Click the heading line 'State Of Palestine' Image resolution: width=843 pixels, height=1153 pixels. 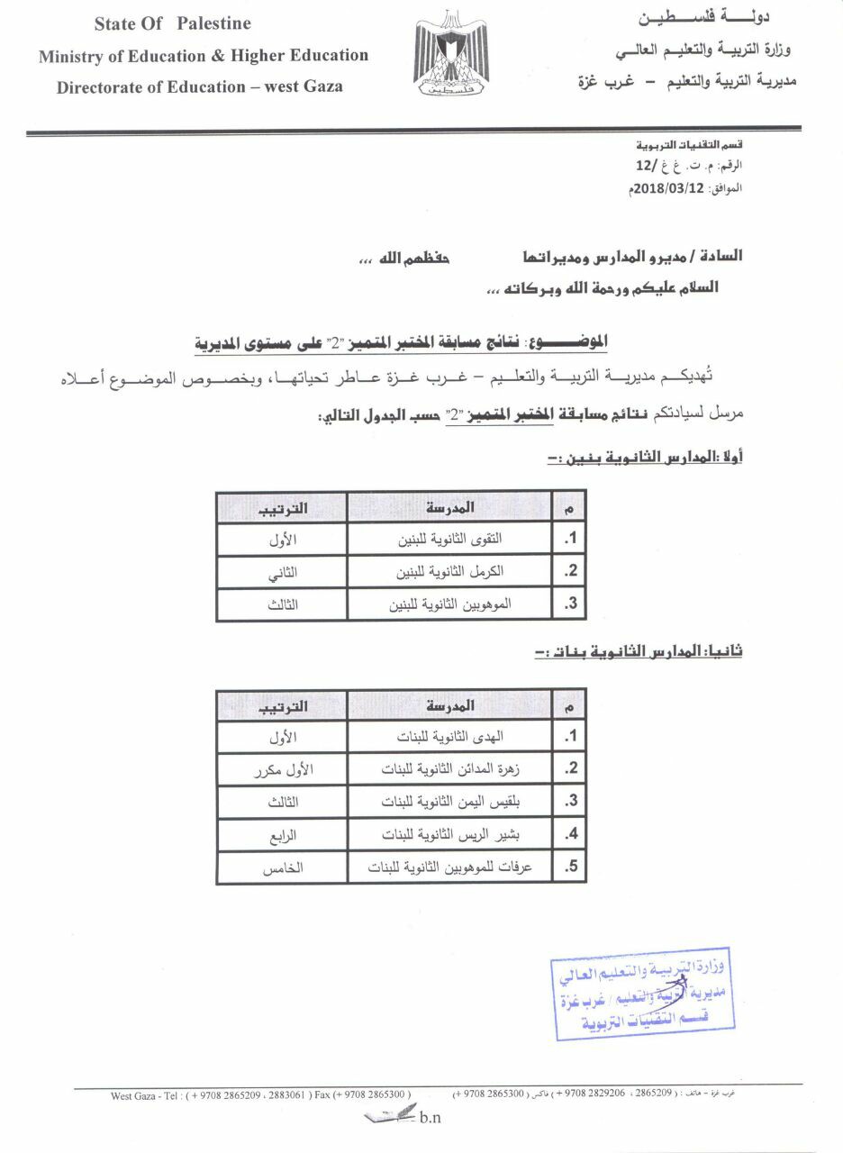pyautogui.click(x=173, y=23)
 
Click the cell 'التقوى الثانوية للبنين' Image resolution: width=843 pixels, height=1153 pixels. pyautogui.click(x=450, y=540)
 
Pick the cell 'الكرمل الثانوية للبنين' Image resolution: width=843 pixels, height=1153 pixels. pyautogui.click(x=450, y=572)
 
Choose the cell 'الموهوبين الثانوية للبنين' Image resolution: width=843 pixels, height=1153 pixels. pyautogui.click(x=450, y=604)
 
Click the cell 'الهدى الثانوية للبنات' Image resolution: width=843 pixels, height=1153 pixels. pyautogui.click(x=450, y=737)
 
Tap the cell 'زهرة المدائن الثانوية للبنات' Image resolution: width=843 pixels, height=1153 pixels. pyautogui.click(x=450, y=769)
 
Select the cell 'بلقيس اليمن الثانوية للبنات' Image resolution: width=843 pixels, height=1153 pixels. pyautogui.click(x=450, y=802)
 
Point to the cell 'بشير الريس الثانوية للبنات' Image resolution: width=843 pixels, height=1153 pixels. pyautogui.click(x=450, y=835)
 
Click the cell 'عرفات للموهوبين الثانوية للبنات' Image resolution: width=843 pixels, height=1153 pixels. pyautogui.click(x=450, y=867)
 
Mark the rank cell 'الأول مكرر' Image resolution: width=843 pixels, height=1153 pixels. pyautogui.click(x=282, y=769)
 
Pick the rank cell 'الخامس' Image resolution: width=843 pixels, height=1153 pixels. pyautogui.click(x=282, y=867)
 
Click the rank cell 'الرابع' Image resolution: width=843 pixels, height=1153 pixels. pyautogui.click(x=282, y=835)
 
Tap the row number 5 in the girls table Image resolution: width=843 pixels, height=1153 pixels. pyautogui.click(x=569, y=867)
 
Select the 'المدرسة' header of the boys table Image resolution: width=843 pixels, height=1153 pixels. pyautogui.click(x=450, y=508)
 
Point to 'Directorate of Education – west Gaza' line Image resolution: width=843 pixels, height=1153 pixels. pyautogui.click(x=199, y=87)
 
